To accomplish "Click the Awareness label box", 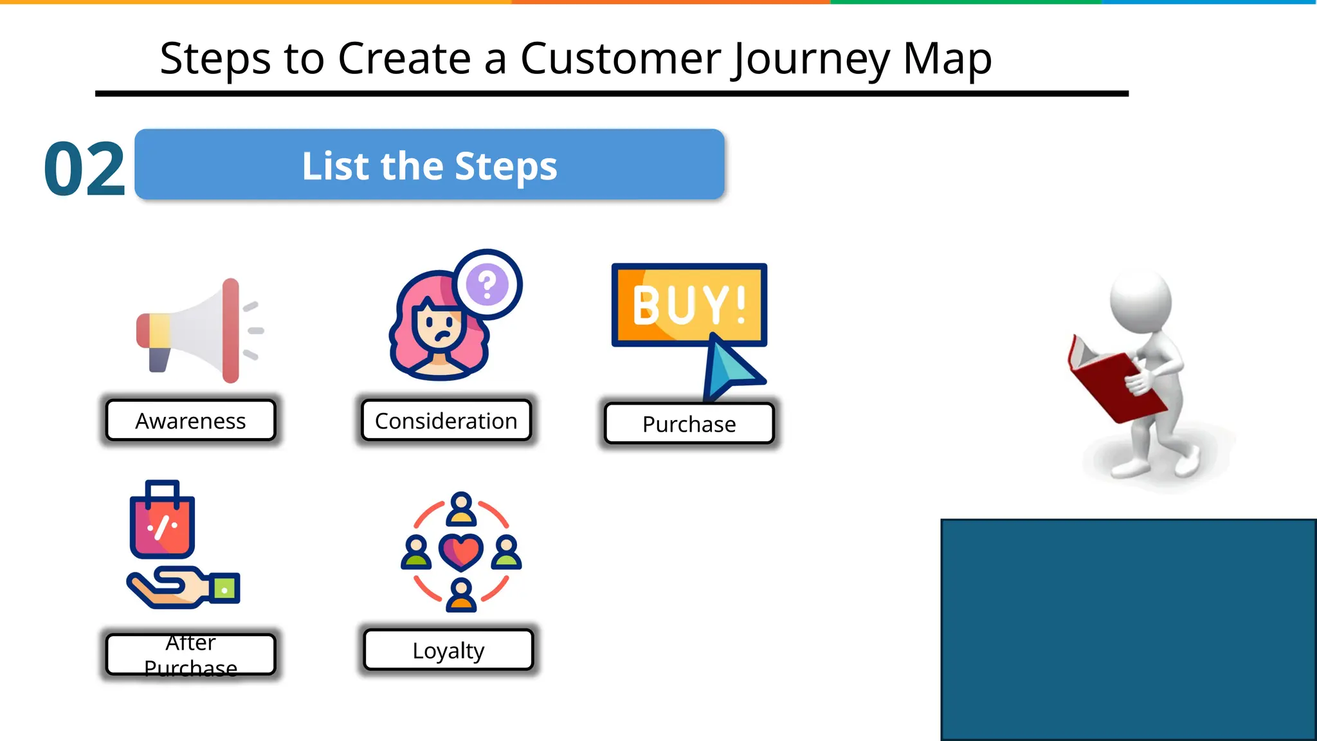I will click(x=190, y=421).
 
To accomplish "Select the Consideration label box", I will click(x=446, y=421).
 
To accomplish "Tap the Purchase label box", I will click(x=689, y=424).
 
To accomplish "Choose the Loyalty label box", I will click(x=448, y=650).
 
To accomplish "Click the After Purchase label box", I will click(x=190, y=655).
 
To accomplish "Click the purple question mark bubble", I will click(x=487, y=284).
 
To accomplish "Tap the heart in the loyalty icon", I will click(x=461, y=552).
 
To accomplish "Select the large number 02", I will click(x=84, y=170).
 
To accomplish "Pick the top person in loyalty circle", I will click(x=461, y=509).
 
